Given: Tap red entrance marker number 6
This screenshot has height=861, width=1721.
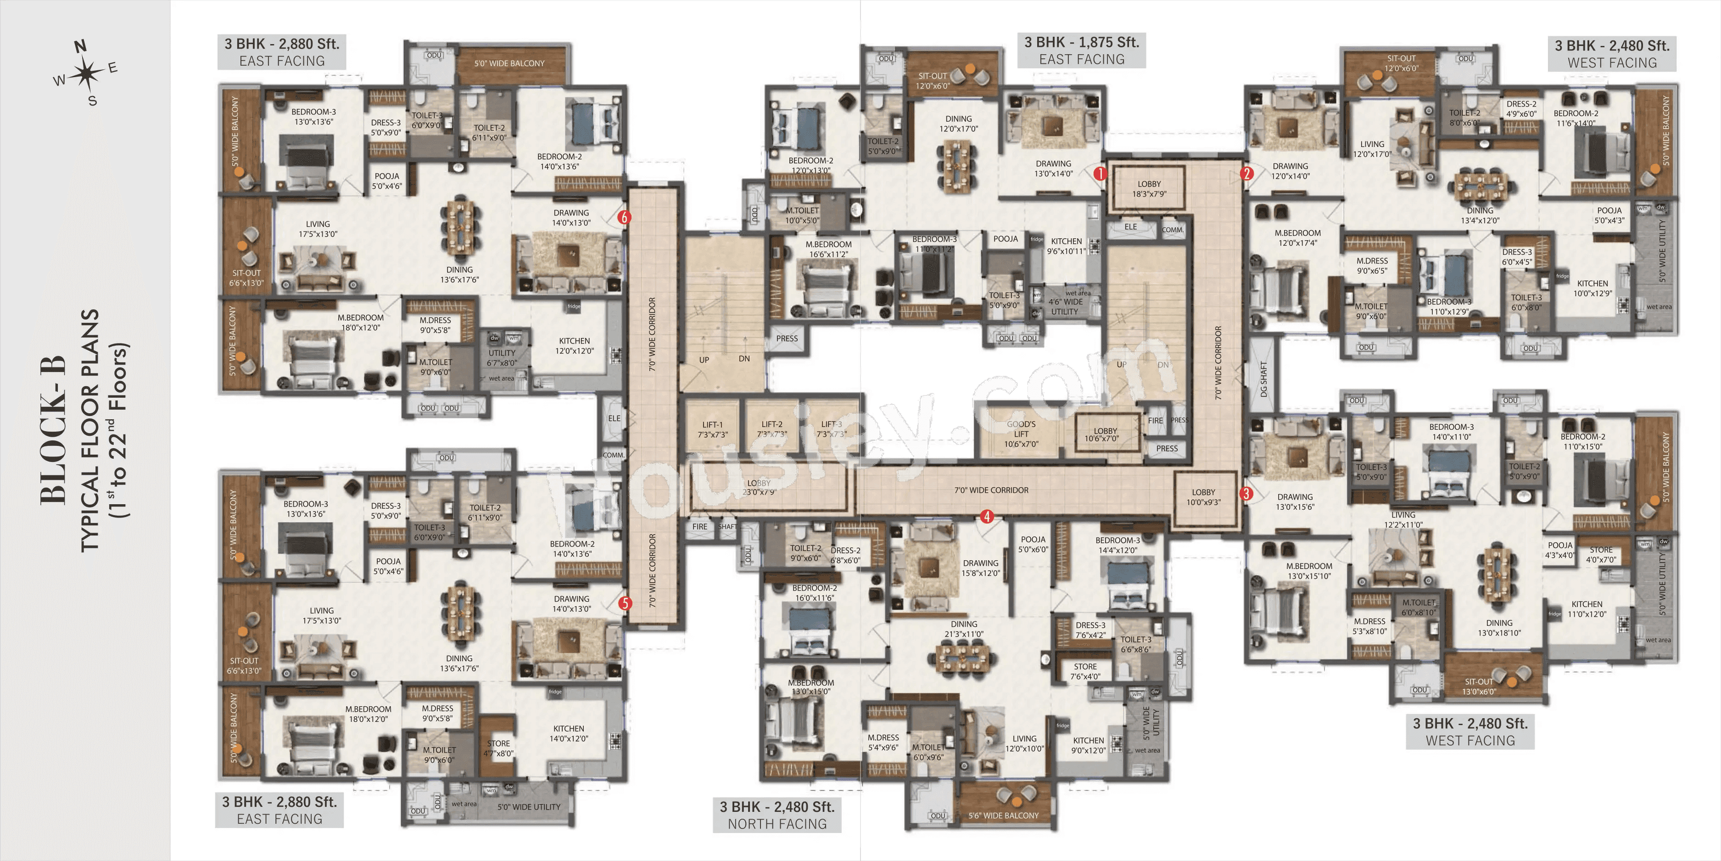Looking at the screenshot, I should pos(624,217).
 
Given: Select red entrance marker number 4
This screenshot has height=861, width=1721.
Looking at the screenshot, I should pos(987,516).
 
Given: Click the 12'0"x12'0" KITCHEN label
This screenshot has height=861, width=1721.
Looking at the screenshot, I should pos(574,346).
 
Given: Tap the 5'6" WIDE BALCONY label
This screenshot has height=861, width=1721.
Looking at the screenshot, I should pos(1004,816).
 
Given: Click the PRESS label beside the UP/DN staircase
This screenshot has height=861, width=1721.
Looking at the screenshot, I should pos(787,338).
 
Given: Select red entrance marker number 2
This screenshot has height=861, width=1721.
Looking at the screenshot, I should pos(1246,174).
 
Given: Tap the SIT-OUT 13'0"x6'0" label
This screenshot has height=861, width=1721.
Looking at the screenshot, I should pos(1479,687).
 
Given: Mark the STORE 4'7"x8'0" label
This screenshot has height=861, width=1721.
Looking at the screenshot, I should pos(498,748).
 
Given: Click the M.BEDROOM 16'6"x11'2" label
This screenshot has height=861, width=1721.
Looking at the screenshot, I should pos(828,249).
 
